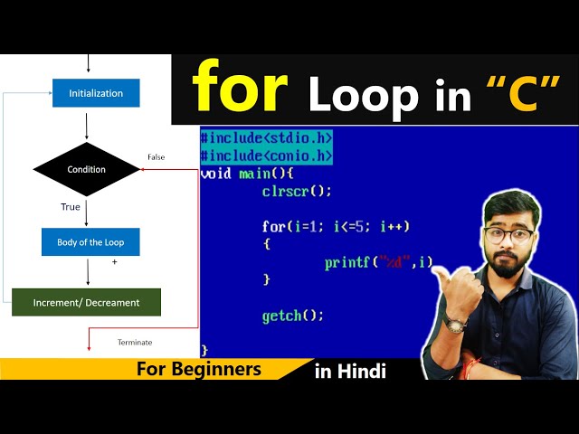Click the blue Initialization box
95,93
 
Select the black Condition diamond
87,169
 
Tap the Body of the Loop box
90,241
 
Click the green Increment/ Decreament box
86,302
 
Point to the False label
156,157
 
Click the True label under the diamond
71,207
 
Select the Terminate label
135,342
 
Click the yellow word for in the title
240,88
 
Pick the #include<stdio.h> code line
266,138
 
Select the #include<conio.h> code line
266,156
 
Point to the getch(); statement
292,316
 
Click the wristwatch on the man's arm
456,323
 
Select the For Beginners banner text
199,369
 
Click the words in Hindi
350,371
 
